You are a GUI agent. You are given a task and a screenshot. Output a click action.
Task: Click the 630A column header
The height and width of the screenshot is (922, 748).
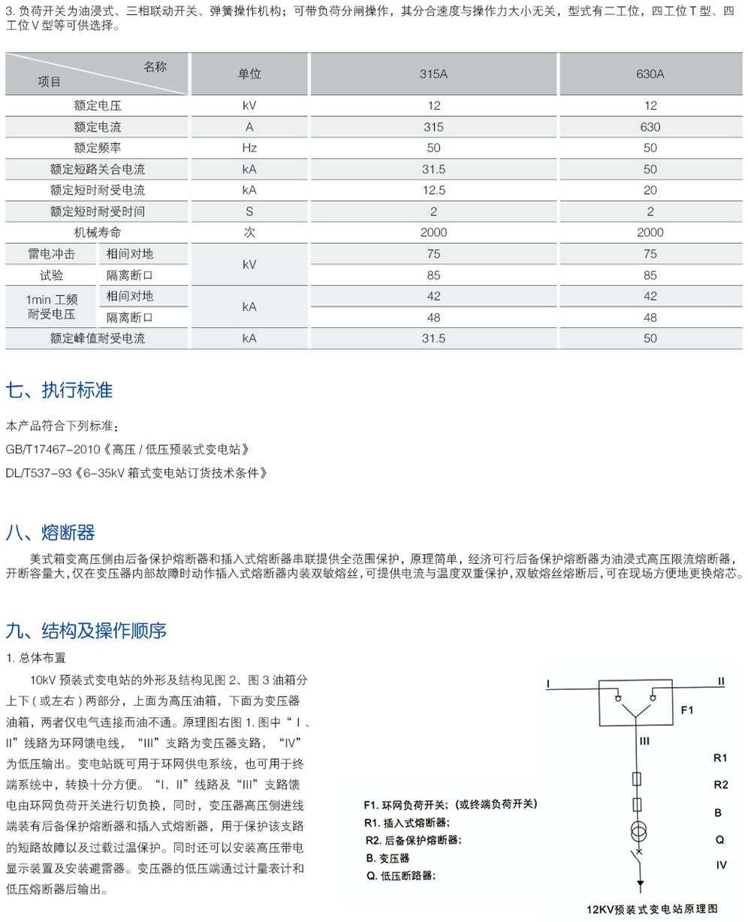tap(650, 74)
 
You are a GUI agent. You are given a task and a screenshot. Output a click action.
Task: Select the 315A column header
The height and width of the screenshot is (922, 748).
tap(433, 74)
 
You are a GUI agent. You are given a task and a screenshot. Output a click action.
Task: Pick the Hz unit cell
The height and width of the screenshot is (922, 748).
tap(249, 148)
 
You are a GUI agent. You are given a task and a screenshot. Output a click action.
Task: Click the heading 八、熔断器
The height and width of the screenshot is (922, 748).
tap(50, 533)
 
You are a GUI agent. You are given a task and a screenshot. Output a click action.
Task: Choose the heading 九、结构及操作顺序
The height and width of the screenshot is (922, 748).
tap(86, 629)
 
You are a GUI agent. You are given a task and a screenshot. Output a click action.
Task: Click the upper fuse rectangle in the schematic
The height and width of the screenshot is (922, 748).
tap(638, 779)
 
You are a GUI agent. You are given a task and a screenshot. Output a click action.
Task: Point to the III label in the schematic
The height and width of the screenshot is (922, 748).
tap(644, 741)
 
